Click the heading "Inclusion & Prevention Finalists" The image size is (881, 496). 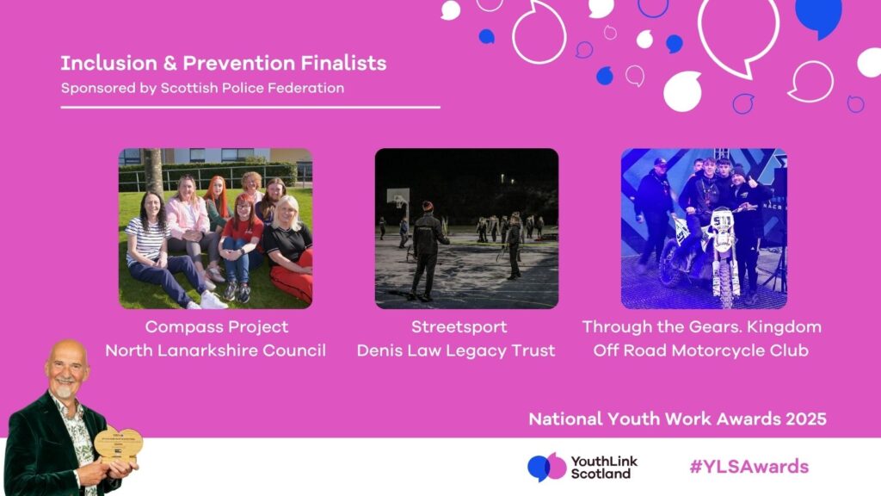point(223,63)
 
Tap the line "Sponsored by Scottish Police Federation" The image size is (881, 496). point(202,88)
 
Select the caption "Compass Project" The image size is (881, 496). point(217,327)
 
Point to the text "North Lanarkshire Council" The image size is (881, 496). point(215,350)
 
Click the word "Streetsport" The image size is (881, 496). point(459,327)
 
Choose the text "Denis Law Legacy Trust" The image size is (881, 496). point(456,350)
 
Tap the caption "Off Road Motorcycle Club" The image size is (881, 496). point(700,350)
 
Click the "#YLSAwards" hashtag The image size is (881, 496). point(749,467)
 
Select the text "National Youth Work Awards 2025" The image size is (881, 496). point(677,419)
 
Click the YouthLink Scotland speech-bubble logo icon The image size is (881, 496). point(546,467)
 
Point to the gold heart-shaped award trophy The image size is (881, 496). point(118,443)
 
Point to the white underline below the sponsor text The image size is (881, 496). point(250,107)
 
